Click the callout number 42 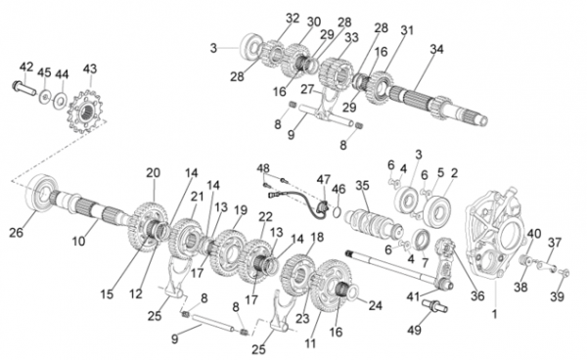click(x=26, y=67)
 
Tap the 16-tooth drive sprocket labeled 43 click(x=86, y=112)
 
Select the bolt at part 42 click(x=23, y=88)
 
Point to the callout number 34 click(x=436, y=49)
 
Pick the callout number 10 click(x=78, y=242)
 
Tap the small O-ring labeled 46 click(x=337, y=211)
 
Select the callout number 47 click(x=324, y=179)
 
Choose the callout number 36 click(x=477, y=296)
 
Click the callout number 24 click(x=375, y=306)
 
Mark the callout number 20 click(x=154, y=173)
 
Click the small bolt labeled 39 click(x=564, y=273)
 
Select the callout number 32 click(x=293, y=18)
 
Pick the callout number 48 click(x=263, y=168)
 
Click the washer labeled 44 click(x=60, y=101)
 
